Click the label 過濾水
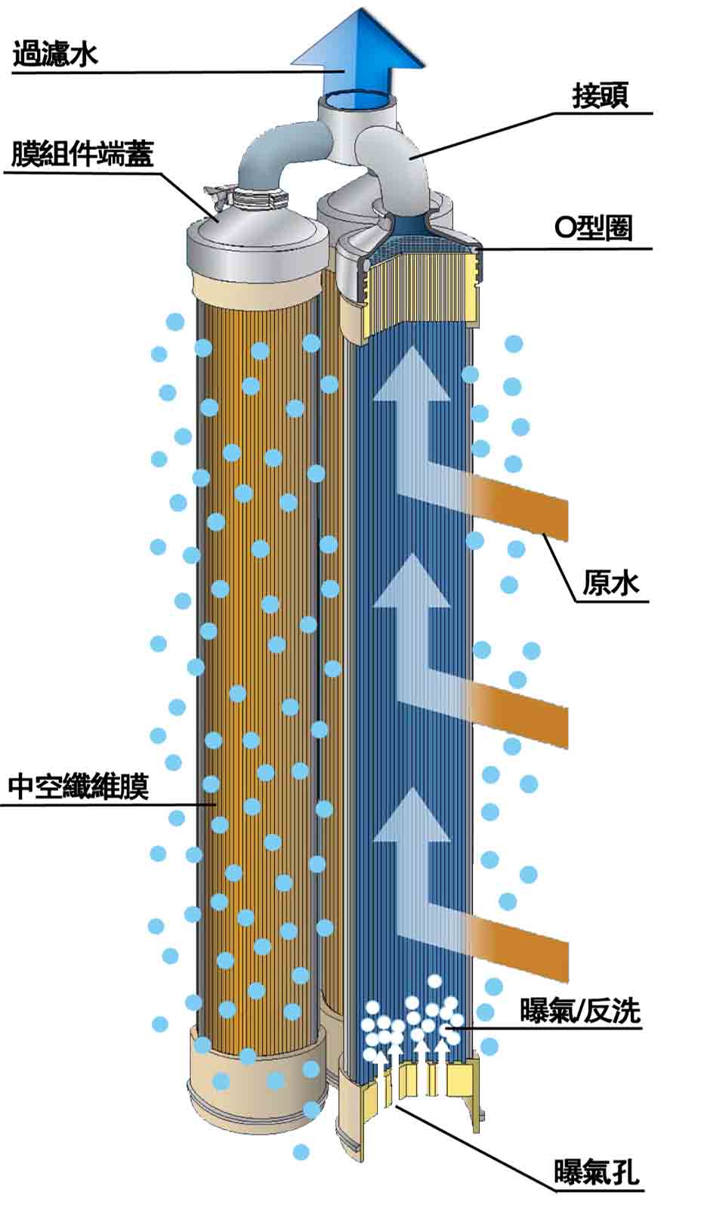click(55, 55)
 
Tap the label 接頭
click(601, 97)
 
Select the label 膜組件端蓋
click(82, 154)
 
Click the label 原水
click(610, 583)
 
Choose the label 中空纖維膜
click(79, 786)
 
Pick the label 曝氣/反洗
click(580, 1011)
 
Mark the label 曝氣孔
click(597, 1172)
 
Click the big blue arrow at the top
click(359, 45)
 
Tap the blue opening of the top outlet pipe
click(359, 99)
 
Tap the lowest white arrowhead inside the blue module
click(412, 816)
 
